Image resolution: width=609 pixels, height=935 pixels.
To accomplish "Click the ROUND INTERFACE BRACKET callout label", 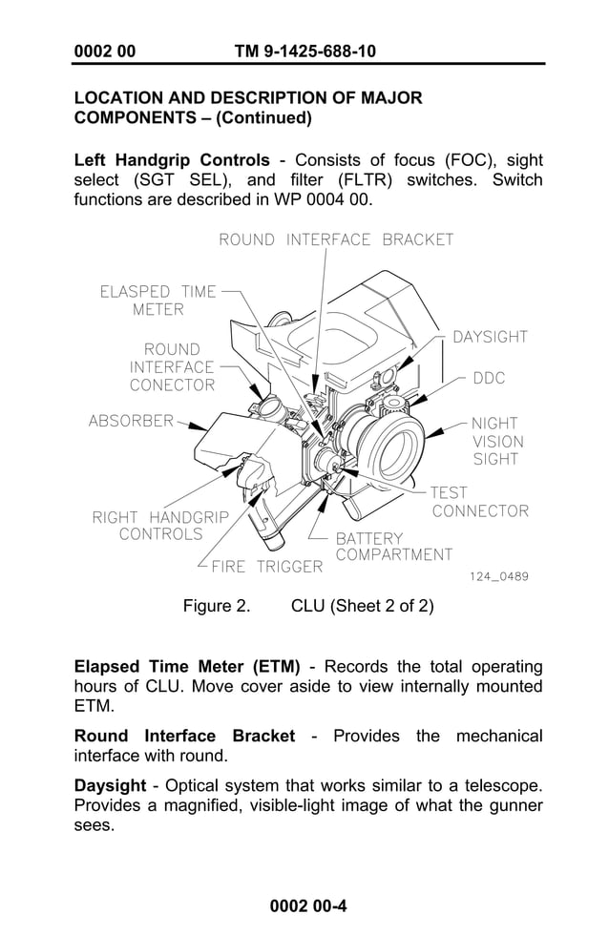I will pyautogui.click(x=336, y=239).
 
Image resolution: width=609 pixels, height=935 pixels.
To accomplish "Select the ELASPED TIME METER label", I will pyautogui.click(x=158, y=301).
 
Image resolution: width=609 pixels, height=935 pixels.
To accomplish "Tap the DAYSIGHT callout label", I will pyautogui.click(x=490, y=337).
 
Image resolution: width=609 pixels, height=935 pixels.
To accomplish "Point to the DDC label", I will pyautogui.click(x=489, y=379).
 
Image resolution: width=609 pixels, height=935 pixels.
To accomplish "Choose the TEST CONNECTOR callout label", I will pyautogui.click(x=479, y=502).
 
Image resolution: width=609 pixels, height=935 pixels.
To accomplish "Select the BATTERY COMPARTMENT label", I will pyautogui.click(x=393, y=547).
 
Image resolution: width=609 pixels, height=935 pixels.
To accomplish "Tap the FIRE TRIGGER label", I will pyautogui.click(x=266, y=567).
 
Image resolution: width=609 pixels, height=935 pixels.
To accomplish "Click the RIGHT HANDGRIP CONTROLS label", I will pyautogui.click(x=160, y=526).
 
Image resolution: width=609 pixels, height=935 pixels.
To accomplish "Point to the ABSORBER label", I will pyautogui.click(x=131, y=420).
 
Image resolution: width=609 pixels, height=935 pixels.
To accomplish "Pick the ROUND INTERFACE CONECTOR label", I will pyautogui.click(x=172, y=367).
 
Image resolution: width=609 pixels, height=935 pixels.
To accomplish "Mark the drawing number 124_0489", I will pyautogui.click(x=498, y=576).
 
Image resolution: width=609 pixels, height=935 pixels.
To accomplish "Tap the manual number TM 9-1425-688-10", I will pyautogui.click(x=304, y=51).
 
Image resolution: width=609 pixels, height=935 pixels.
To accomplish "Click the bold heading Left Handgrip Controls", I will pyautogui.click(x=172, y=159).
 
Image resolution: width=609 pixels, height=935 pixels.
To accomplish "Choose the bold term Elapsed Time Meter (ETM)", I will pyautogui.click(x=187, y=666).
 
